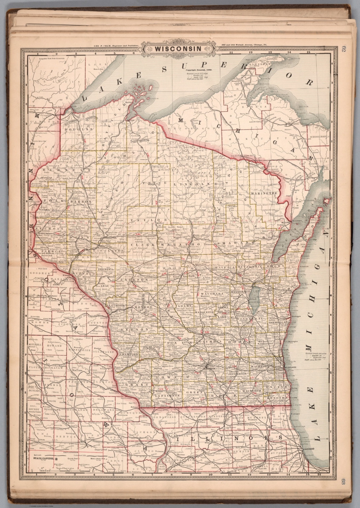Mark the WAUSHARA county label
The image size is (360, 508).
212,293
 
